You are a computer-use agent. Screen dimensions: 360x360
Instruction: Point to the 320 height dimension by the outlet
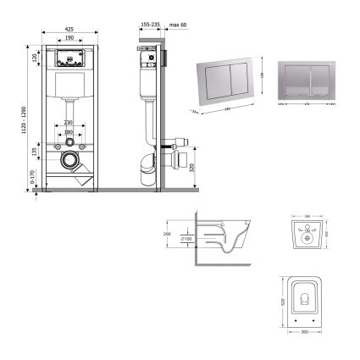(196, 167)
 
